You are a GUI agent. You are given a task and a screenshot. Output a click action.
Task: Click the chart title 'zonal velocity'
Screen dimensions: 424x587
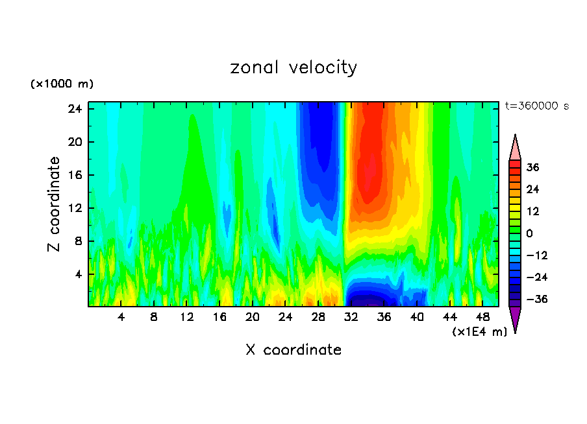[293, 67]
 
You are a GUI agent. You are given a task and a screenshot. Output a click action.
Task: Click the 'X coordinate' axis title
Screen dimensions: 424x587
[293, 350]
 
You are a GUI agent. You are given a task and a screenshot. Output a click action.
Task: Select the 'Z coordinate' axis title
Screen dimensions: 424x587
[55, 204]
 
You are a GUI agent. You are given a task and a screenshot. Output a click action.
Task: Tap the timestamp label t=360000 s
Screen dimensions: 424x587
[536, 106]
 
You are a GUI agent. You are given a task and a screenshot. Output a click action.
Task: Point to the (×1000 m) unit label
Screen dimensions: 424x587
[62, 84]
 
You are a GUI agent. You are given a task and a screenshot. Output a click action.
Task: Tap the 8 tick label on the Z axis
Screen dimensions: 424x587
[79, 241]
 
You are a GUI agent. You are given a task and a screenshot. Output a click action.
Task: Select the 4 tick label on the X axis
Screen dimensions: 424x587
[121, 318]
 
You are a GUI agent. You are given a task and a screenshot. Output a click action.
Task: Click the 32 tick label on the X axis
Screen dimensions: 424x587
[351, 318]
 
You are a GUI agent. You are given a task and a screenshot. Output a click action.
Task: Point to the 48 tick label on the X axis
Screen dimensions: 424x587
[483, 318]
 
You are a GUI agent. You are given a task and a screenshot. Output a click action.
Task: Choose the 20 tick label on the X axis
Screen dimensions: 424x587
[253, 318]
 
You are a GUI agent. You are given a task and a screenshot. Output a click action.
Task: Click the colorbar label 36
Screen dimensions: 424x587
[532, 167]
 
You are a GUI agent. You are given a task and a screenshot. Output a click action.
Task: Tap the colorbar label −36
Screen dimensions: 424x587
[531, 299]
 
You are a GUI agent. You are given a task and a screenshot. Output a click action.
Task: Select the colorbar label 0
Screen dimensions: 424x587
[530, 233]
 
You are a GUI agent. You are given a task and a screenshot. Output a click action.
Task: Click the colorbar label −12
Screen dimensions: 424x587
[531, 255]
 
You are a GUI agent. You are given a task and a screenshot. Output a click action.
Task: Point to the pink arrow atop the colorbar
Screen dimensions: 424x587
[515, 148]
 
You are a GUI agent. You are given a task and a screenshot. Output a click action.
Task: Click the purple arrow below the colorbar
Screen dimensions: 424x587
[515, 318]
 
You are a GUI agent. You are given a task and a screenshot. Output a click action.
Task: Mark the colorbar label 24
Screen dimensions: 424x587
[532, 189]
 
